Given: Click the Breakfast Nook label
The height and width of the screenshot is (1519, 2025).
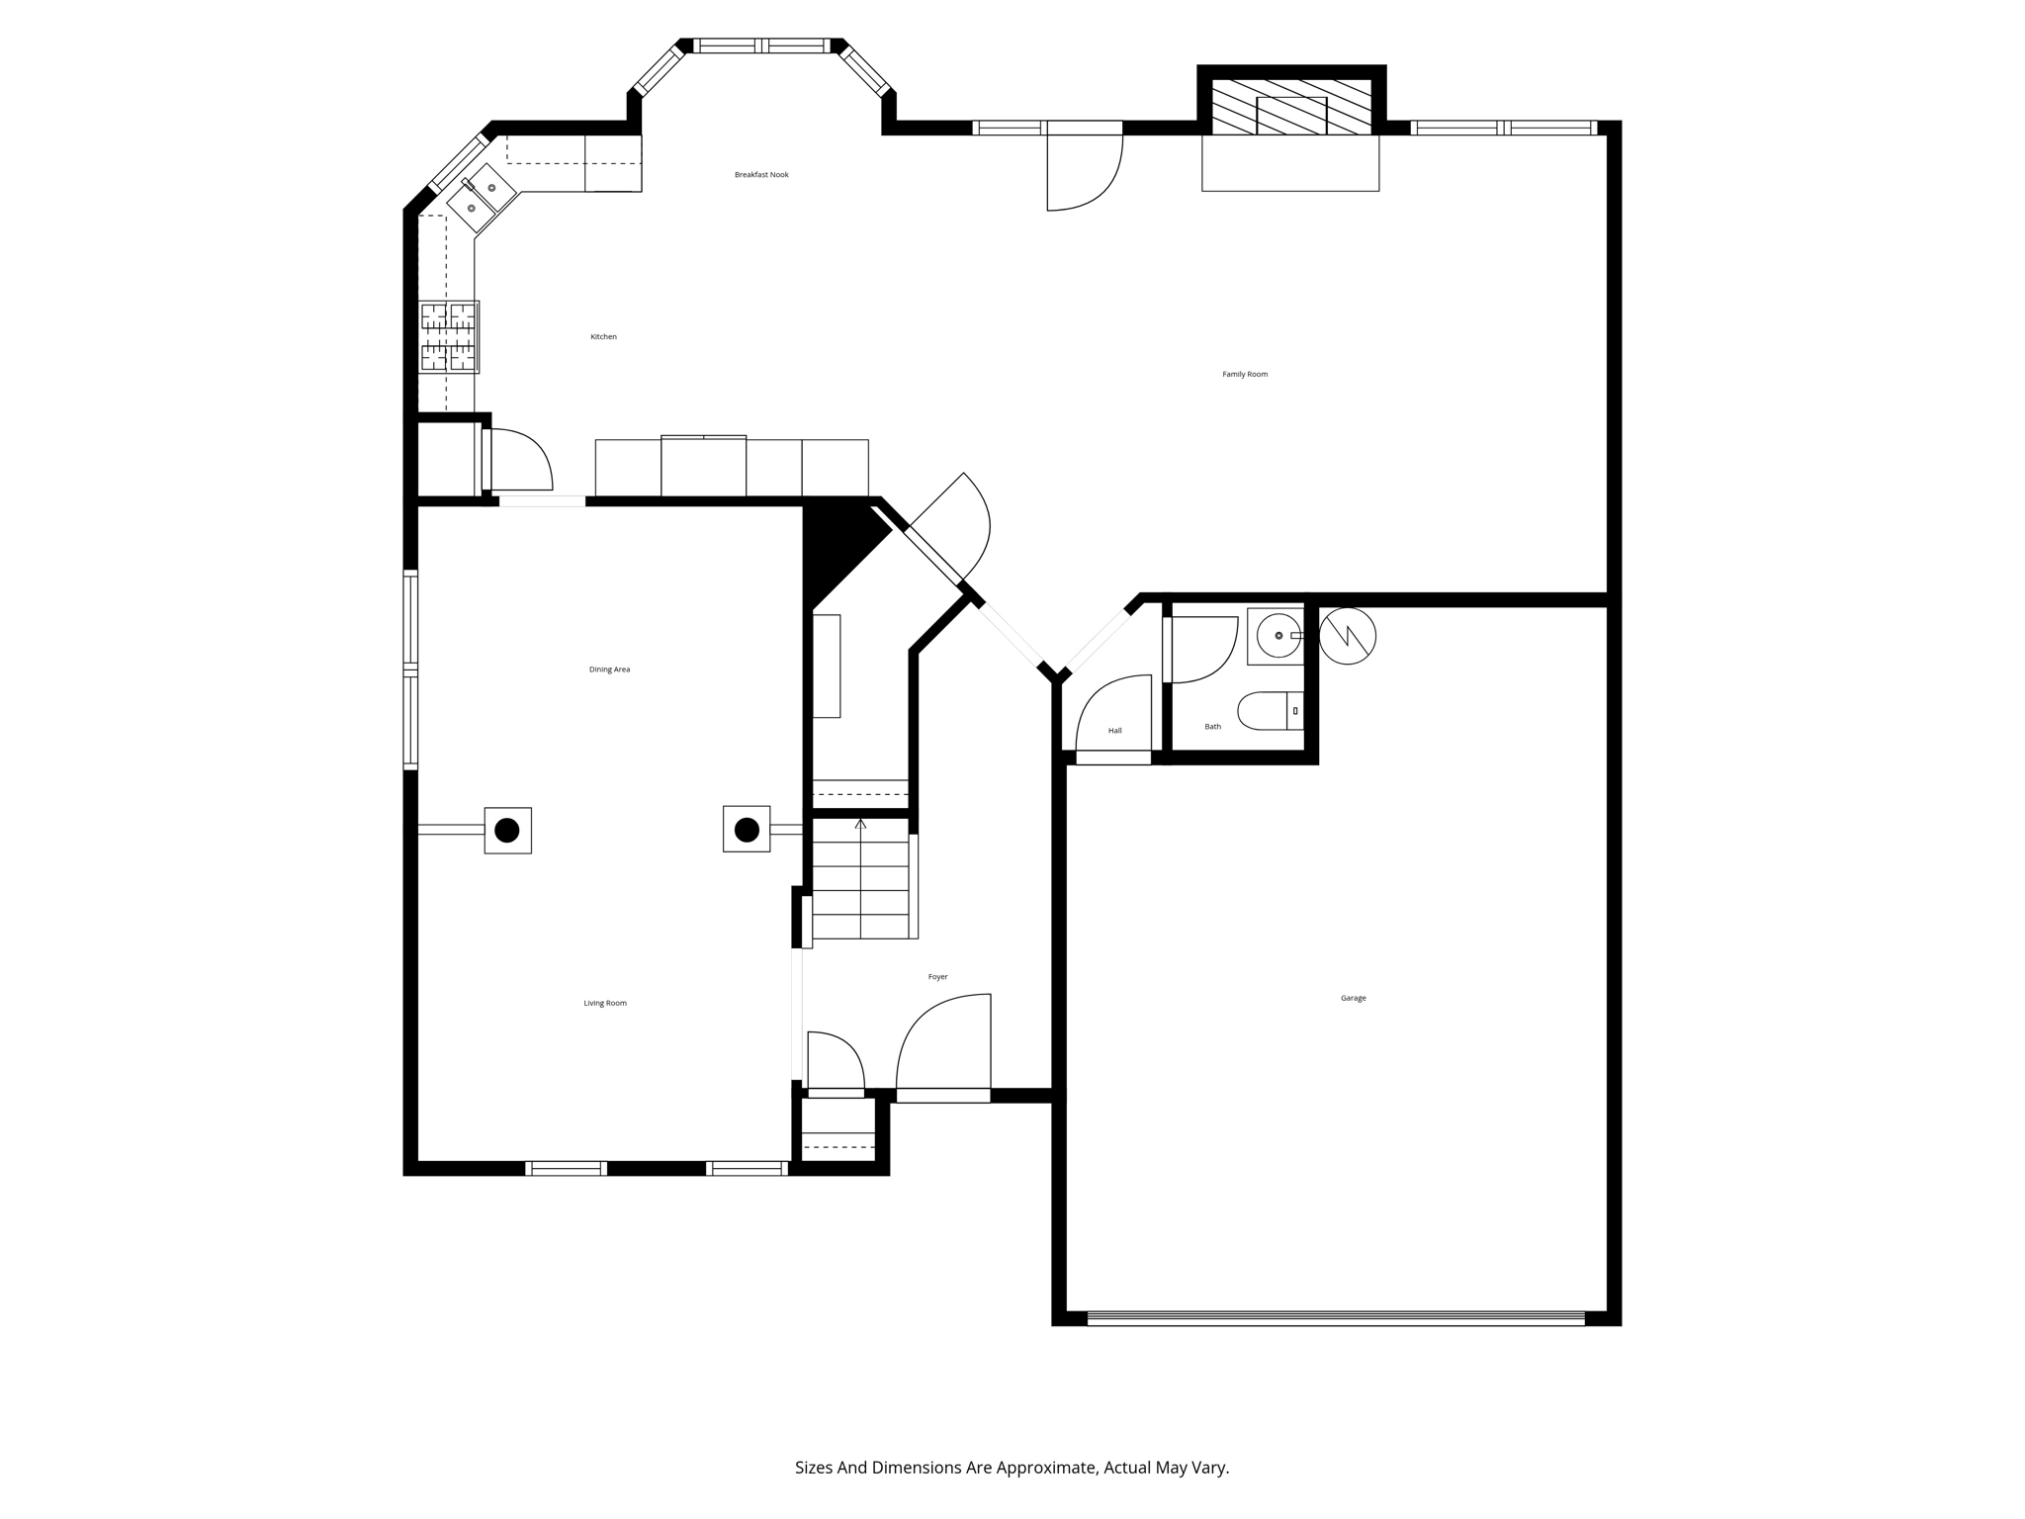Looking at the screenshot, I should point(761,175).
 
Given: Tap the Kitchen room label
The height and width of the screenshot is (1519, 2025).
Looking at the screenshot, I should point(603,337).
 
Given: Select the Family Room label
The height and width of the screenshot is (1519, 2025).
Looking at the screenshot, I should point(1244,375).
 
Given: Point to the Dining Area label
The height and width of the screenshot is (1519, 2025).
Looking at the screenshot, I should point(609,670).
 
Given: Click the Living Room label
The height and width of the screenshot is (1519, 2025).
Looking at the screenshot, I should point(604,1003).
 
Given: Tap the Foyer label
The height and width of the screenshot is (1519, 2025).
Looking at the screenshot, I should point(937,977).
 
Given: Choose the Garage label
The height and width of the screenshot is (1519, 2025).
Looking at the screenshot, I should point(1353,999).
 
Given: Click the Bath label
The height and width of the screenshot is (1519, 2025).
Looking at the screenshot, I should point(1212,727).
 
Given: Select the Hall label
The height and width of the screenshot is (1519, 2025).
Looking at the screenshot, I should point(1114,731).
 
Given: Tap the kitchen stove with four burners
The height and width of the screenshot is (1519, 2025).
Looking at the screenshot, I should point(448,337).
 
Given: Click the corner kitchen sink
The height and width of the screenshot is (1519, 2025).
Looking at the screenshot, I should point(482,198).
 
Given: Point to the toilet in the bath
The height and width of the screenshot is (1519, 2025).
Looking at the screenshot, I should point(1269,710).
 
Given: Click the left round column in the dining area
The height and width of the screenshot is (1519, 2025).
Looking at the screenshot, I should point(507,830).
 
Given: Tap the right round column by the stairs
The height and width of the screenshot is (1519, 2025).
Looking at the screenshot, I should point(747,829).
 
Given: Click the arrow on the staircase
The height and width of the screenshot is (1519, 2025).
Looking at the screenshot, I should point(860,825).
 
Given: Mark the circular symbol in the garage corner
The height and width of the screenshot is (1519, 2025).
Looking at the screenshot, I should point(1348,636).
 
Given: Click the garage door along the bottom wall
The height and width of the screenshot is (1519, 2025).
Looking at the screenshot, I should point(1335,1317).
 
